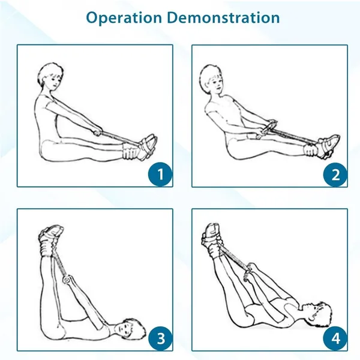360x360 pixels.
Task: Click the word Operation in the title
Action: [124, 17]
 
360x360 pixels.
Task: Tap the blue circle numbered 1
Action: [160, 174]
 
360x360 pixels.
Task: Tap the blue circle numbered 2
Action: [335, 175]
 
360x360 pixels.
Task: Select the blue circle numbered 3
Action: [160, 338]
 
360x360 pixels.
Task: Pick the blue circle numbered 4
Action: [335, 338]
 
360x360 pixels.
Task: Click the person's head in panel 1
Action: [50, 76]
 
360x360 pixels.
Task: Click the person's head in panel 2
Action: [211, 78]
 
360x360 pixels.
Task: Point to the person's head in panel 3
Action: [130, 328]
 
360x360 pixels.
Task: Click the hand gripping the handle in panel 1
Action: [97, 131]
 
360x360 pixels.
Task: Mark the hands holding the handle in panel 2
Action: [264, 130]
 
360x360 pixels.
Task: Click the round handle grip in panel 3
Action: [67, 280]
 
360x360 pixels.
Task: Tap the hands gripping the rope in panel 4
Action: [250, 272]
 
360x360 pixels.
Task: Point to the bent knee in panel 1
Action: [46, 149]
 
